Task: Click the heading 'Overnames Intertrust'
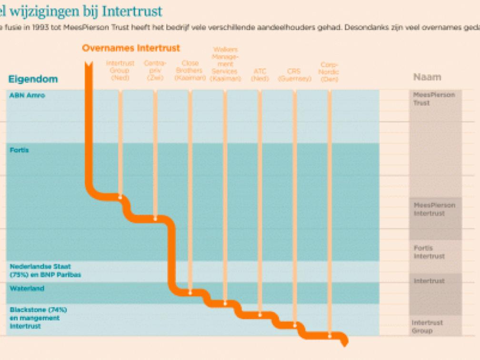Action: (131, 48)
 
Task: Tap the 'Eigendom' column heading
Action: (33, 79)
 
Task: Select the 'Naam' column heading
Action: (427, 77)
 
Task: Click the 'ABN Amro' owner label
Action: (27, 95)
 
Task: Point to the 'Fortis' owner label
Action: (19, 150)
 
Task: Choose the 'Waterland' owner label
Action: (27, 289)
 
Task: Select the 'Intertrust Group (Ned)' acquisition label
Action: (120, 70)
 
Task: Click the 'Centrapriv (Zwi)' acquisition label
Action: (155, 70)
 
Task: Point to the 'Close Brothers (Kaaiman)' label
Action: (190, 70)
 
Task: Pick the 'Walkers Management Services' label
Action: (225, 64)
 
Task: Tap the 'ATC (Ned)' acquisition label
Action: (260, 75)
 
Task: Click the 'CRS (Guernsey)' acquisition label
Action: (294, 75)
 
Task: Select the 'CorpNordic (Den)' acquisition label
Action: (329, 71)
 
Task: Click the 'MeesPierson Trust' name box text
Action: (434, 99)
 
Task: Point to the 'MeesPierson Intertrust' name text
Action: (434, 209)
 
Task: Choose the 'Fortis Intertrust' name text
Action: (429, 252)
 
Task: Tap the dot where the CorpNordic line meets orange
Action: (329, 336)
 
